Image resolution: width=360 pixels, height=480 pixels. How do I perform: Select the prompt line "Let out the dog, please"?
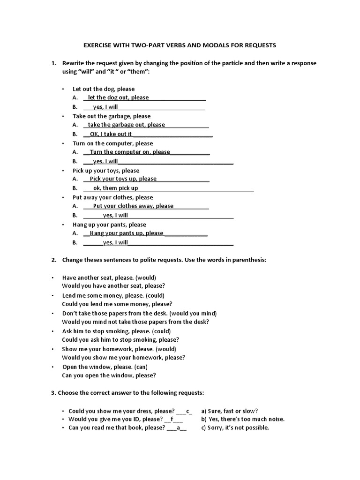point(103,89)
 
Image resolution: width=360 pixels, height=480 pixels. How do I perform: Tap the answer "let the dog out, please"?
point(118,97)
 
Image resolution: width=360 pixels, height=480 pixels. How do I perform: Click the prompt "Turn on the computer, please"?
point(112,143)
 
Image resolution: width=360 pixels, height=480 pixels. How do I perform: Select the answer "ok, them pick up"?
point(115,188)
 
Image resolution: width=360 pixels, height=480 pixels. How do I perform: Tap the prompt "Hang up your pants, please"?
point(109,225)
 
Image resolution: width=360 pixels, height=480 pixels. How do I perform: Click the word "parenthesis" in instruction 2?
point(249,260)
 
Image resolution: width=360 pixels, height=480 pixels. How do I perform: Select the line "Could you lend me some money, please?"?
point(117,304)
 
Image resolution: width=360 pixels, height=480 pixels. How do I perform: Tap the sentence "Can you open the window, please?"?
point(109,375)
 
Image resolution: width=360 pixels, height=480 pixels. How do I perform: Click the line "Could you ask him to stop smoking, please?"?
point(120,340)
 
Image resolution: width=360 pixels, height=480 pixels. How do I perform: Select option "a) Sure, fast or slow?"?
point(229,411)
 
